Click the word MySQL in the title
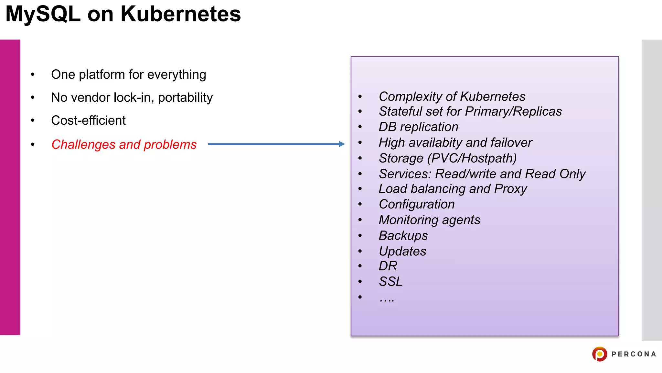point(43,14)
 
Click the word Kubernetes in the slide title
point(180,14)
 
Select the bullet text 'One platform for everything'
point(128,74)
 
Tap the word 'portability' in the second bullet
point(185,97)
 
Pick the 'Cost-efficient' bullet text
point(88,120)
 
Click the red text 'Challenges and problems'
point(124,144)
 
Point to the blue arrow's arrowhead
point(342,144)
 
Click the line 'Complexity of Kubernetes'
point(452,96)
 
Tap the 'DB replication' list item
point(418,127)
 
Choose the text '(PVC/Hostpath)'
point(472,158)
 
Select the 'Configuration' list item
point(417,204)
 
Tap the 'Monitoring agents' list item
point(429,220)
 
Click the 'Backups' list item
point(403,235)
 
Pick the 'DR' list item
point(388,266)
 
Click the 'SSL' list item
point(391,282)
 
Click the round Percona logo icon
point(600,354)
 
